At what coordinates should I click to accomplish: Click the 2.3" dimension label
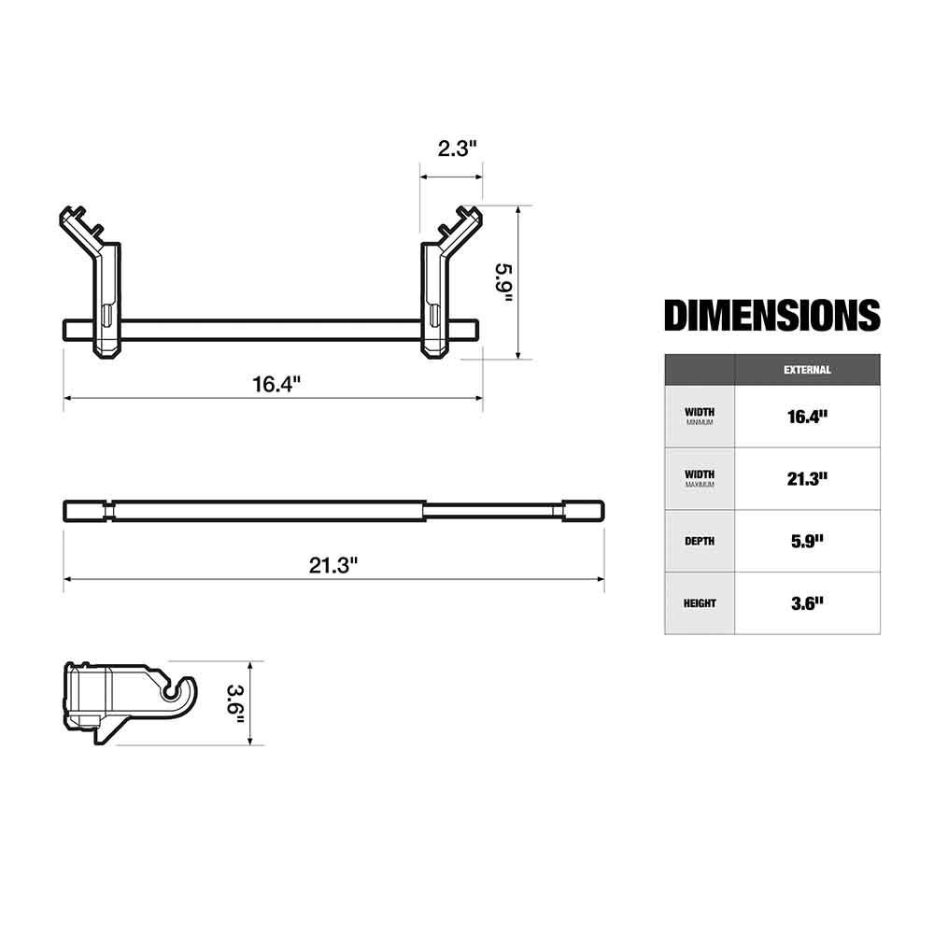pos(458,149)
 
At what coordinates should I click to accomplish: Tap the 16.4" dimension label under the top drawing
pos(276,384)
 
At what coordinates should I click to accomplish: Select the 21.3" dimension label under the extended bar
pos(333,565)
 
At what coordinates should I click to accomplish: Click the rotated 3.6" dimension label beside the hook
pos(236,704)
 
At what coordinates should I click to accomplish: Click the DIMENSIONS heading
pos(772,315)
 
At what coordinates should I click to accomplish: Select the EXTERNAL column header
pos(807,370)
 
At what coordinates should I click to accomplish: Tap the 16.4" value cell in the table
pos(807,417)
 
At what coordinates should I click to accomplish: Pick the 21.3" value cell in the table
pos(807,479)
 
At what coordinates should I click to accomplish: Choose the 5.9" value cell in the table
pos(807,541)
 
